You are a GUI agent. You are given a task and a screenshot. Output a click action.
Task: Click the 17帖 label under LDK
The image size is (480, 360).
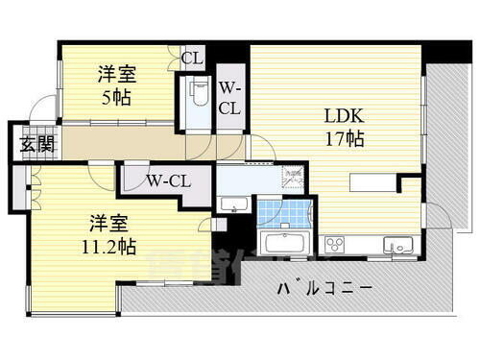345,138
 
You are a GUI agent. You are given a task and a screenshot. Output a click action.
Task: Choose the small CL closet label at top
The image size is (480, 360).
191,58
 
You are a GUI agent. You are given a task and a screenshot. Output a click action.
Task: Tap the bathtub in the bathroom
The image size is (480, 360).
281,242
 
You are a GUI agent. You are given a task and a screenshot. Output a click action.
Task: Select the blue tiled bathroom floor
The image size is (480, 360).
288,213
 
